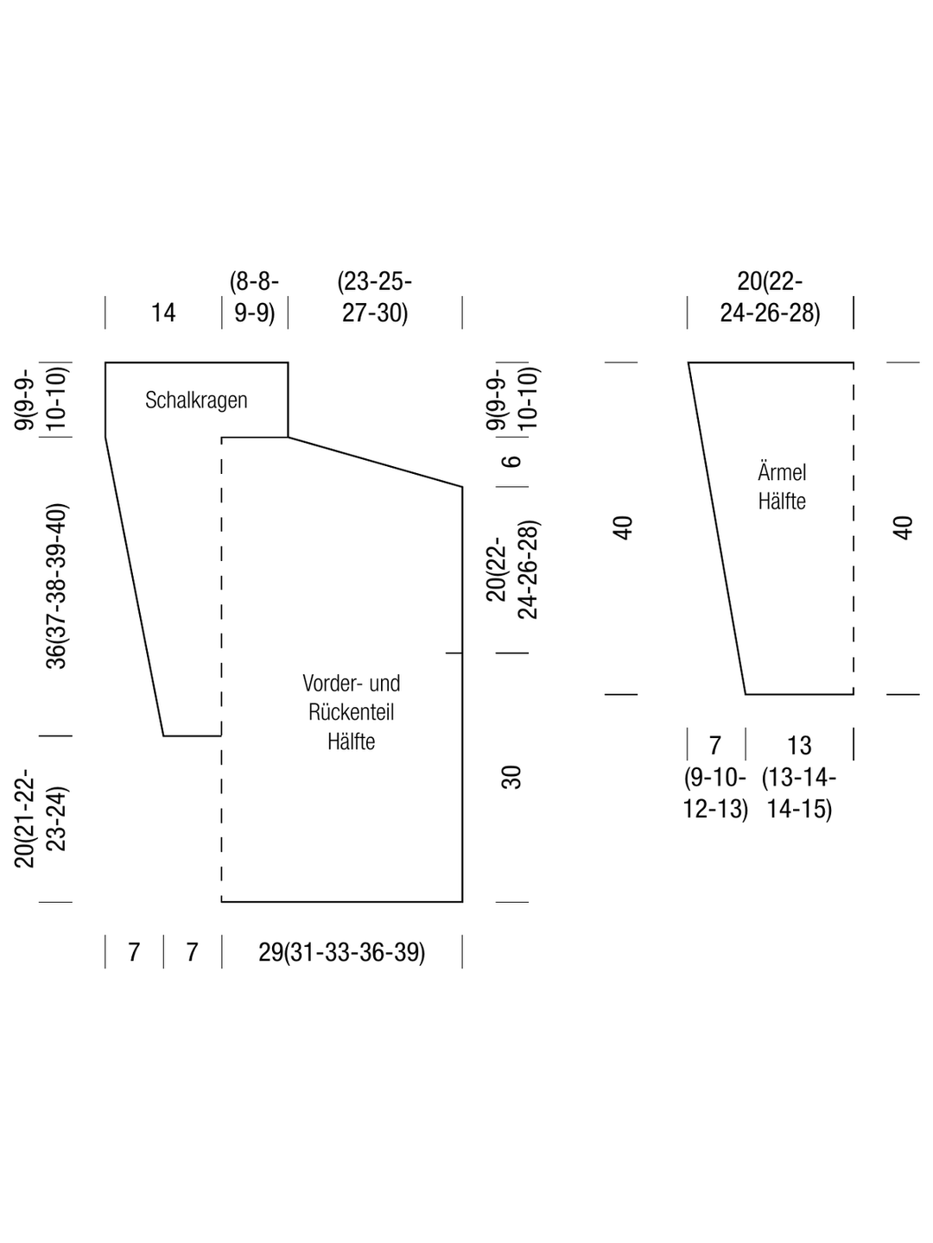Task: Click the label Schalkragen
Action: pyautogui.click(x=196, y=401)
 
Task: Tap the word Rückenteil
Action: pyautogui.click(x=352, y=712)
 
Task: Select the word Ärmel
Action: pyautogui.click(x=782, y=471)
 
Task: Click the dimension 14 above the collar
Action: pyautogui.click(x=163, y=312)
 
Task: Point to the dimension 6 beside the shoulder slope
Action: pyautogui.click(x=511, y=461)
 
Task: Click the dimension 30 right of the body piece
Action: pyautogui.click(x=511, y=776)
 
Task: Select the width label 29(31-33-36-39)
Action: pyautogui.click(x=341, y=952)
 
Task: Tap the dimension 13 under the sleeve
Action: pyautogui.click(x=799, y=745)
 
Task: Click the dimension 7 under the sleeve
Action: pyautogui.click(x=715, y=745)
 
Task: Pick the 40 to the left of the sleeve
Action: pyautogui.click(x=623, y=527)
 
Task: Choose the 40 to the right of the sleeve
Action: pyautogui.click(x=903, y=527)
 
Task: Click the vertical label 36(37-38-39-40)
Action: pyautogui.click(x=56, y=586)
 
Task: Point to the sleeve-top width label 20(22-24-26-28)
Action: pyautogui.click(x=770, y=297)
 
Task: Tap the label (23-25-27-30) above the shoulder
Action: pyautogui.click(x=374, y=297)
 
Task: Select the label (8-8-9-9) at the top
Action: pyautogui.click(x=254, y=297)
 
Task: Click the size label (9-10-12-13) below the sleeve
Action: pyautogui.click(x=715, y=793)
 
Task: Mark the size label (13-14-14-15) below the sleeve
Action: pyautogui.click(x=799, y=793)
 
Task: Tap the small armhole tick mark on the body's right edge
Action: pyautogui.click(x=454, y=653)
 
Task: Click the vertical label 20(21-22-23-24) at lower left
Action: pyautogui.click(x=41, y=818)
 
